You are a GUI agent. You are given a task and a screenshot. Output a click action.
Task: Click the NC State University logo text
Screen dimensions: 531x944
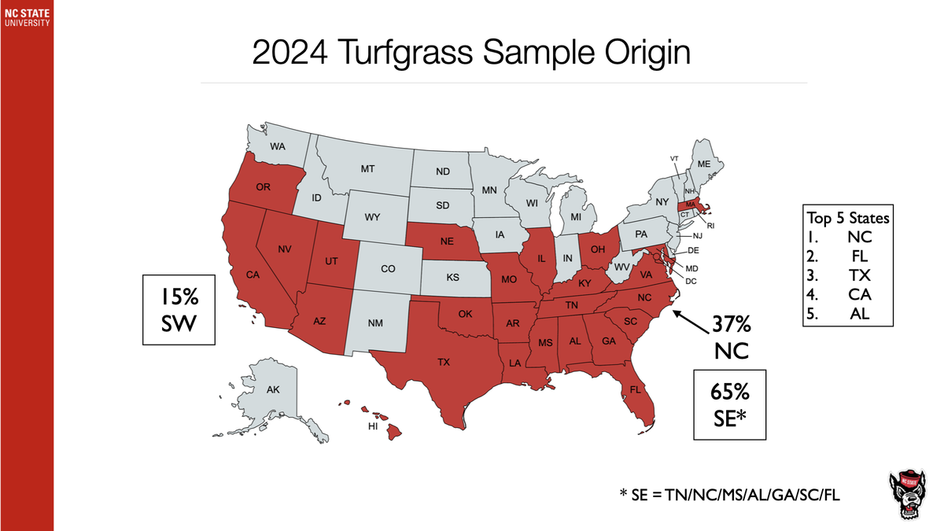[27, 17]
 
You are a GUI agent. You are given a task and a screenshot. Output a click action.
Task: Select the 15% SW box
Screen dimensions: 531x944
[179, 309]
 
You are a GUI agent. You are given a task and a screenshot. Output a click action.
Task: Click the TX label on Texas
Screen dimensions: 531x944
[444, 363]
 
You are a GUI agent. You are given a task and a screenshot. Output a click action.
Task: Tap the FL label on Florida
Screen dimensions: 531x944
[634, 389]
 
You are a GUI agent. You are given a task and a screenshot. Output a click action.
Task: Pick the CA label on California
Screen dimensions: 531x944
[253, 275]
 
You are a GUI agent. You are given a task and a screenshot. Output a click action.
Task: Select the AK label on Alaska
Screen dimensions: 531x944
[272, 390]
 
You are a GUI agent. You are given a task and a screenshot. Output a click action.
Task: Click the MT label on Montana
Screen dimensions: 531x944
[367, 169]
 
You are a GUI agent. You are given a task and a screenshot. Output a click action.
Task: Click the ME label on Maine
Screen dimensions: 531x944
[704, 164]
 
